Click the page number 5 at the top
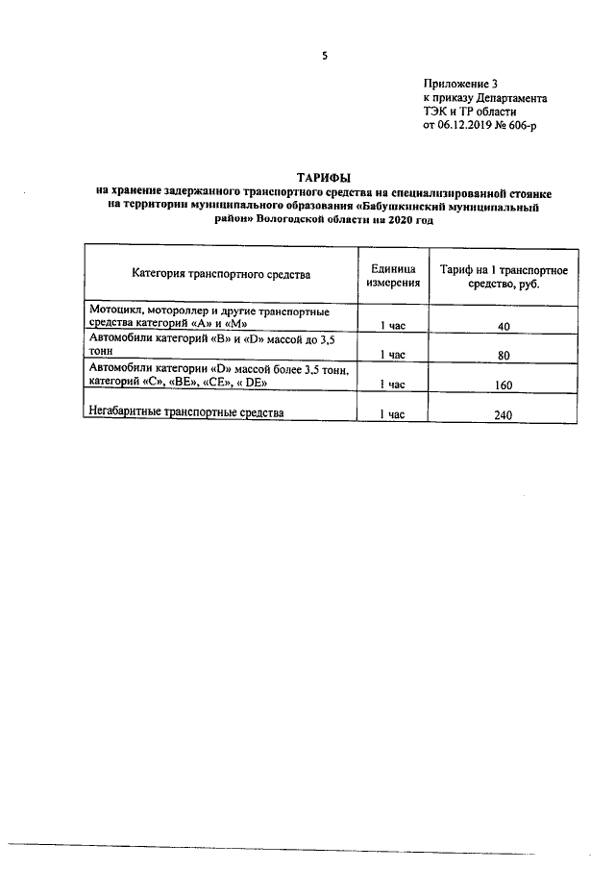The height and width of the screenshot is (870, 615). click(325, 56)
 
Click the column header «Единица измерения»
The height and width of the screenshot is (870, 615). click(392, 274)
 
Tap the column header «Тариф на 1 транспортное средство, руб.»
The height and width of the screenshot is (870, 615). click(503, 274)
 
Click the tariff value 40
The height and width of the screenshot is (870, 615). click(503, 327)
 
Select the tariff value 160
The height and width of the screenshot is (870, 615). click(503, 385)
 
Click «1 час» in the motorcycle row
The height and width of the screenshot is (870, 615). click(392, 327)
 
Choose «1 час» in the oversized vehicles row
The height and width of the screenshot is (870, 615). click(392, 414)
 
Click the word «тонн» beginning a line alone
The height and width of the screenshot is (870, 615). click(102, 354)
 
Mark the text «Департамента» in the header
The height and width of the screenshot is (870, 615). click(512, 99)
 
